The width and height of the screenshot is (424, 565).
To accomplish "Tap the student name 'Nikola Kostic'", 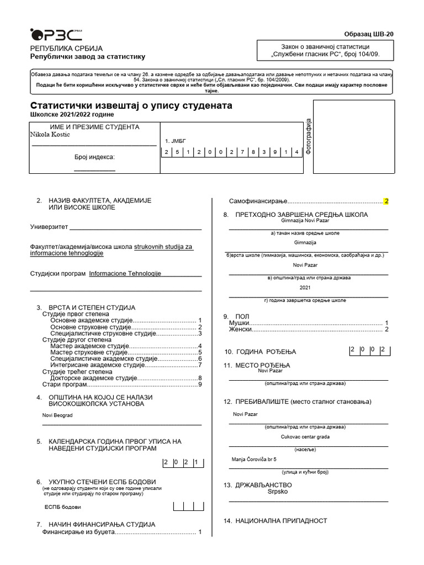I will tap(50, 135).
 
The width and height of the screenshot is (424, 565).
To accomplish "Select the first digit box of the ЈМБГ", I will tap(165, 152).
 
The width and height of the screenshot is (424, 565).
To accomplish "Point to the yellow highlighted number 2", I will tap(386, 201).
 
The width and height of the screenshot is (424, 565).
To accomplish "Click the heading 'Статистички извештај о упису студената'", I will tap(131, 105).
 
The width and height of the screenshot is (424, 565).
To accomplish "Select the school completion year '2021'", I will tap(306, 288).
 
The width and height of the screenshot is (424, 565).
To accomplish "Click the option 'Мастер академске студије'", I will tap(89, 346).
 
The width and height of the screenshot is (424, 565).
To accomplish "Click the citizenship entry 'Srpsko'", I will tap(278, 491).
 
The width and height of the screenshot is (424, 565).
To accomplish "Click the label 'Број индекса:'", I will tap(94, 157).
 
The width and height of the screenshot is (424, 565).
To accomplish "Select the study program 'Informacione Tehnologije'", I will tap(125, 273).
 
